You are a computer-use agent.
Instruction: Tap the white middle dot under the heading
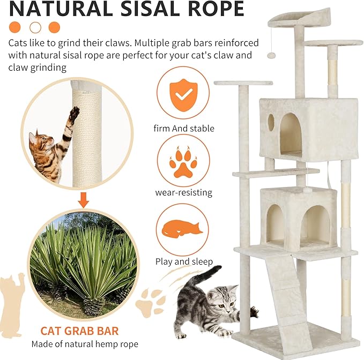(35, 27)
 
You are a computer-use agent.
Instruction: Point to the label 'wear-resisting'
(184, 192)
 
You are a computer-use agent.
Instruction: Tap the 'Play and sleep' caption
(184, 262)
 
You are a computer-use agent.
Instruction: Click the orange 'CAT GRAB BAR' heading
(79, 331)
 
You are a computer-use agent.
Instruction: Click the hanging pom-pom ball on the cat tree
(271, 55)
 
